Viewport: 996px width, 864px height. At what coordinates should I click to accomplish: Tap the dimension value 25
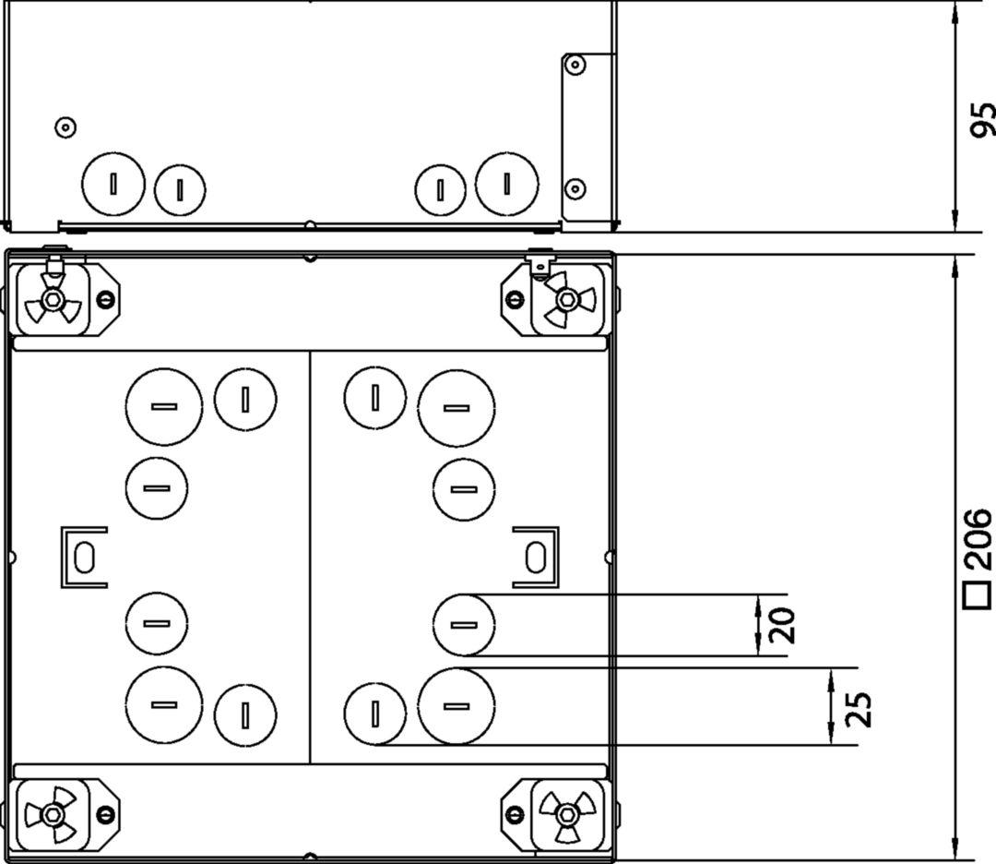pos(857,706)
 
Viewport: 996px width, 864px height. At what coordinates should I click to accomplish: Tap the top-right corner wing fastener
pos(566,299)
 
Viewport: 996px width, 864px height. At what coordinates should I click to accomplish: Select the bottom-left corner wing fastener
pos(53,814)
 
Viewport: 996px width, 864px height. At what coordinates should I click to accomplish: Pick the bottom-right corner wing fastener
pos(565,812)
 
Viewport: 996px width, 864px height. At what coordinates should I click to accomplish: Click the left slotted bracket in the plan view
pos(84,557)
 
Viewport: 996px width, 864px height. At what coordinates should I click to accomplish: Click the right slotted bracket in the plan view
pos(535,557)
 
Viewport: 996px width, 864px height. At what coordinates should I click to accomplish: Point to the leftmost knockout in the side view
pos(113,184)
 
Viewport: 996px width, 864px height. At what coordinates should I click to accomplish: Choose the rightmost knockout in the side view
pos(507,182)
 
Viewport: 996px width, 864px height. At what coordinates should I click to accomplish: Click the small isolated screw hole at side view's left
pos(65,127)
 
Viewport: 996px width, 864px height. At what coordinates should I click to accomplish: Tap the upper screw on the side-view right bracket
pos(575,65)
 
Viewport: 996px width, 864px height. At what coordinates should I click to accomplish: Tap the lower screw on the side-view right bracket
pos(575,189)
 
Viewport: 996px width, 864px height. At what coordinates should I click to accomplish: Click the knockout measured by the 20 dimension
pos(464,625)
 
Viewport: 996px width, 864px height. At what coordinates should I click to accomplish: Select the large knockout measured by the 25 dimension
pos(455,706)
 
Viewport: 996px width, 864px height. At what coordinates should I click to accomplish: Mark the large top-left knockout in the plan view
pos(163,407)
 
